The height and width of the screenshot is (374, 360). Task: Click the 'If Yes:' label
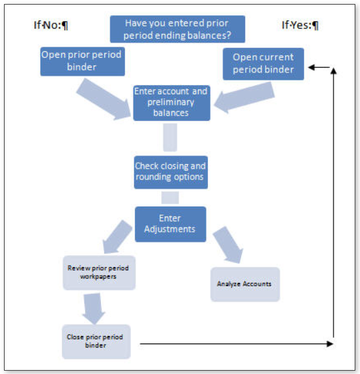(300, 26)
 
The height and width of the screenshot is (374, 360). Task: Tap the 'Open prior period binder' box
(81, 60)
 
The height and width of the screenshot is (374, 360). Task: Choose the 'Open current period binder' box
(263, 63)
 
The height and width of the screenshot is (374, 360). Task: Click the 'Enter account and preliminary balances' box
(171, 102)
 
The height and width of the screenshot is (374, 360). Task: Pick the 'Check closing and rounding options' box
(171, 171)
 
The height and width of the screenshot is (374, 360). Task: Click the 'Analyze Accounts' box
(245, 284)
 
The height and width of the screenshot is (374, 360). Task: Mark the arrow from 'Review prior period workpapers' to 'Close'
(94, 306)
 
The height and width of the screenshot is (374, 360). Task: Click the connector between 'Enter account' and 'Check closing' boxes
(170, 137)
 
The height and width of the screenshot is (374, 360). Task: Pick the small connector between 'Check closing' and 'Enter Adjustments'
(170, 197)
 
